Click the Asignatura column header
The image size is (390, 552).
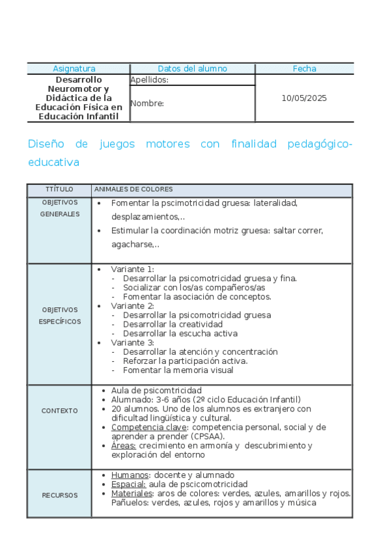click(x=74, y=68)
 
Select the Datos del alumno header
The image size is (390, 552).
click(x=192, y=68)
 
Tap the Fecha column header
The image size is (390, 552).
click(x=304, y=68)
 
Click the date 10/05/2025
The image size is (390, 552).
click(x=304, y=98)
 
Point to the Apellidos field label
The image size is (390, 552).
click(x=150, y=80)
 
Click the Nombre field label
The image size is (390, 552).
click(x=147, y=103)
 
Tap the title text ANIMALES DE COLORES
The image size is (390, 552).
click(x=133, y=189)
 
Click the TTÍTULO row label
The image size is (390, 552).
click(x=59, y=189)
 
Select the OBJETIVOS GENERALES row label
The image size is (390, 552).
click(x=59, y=208)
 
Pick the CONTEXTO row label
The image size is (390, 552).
click(x=59, y=411)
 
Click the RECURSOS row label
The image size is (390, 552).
click(x=59, y=495)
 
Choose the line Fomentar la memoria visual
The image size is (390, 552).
click(x=178, y=370)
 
